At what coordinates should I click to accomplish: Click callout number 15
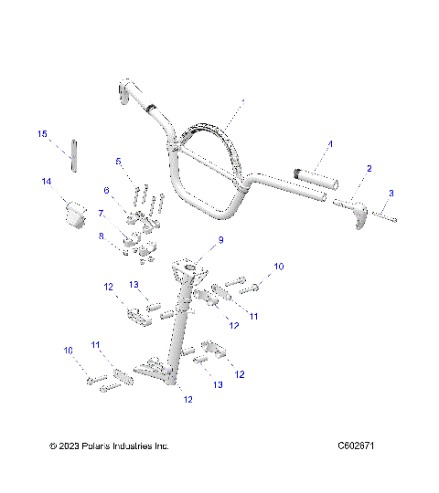click(x=42, y=134)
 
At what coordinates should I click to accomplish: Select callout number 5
click(x=118, y=161)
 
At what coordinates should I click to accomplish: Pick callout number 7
click(x=102, y=213)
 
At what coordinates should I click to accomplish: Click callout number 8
click(x=102, y=236)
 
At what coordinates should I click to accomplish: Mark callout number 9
click(x=219, y=241)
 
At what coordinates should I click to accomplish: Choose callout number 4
click(x=330, y=143)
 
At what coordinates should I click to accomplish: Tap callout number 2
click(x=369, y=168)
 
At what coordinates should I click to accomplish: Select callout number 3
click(x=391, y=193)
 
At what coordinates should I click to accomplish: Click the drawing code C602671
click(x=357, y=446)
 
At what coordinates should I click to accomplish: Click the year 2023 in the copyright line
click(x=70, y=446)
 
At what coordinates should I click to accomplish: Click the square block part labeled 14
click(x=72, y=213)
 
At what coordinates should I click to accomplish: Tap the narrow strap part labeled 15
click(x=75, y=153)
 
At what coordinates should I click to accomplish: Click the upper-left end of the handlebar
click(x=126, y=91)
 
